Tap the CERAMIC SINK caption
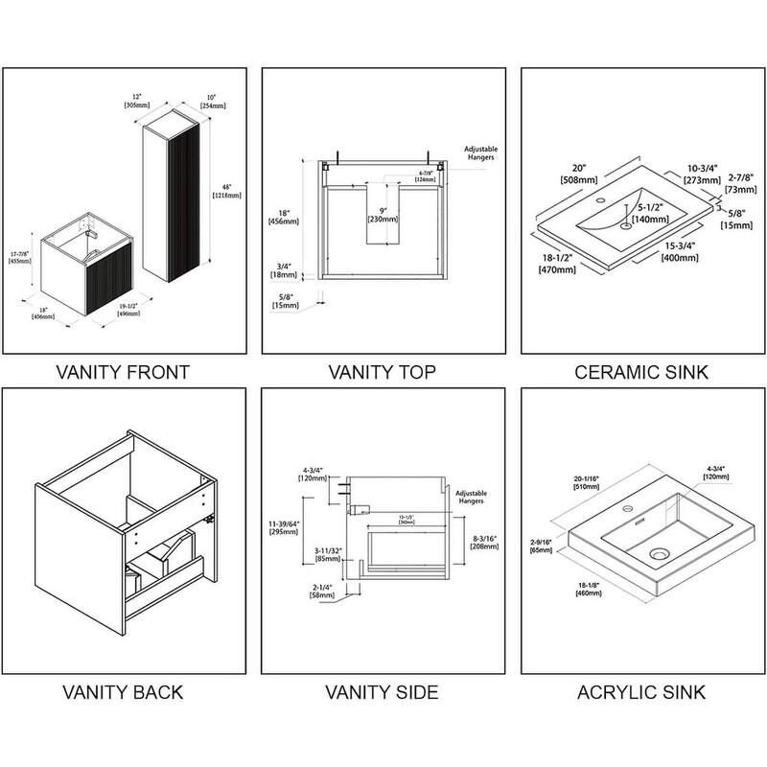click(642, 371)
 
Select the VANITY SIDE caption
click(382, 691)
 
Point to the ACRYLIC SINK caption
click(642, 691)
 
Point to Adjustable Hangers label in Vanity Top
click(479, 152)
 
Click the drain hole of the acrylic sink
click(661, 552)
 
